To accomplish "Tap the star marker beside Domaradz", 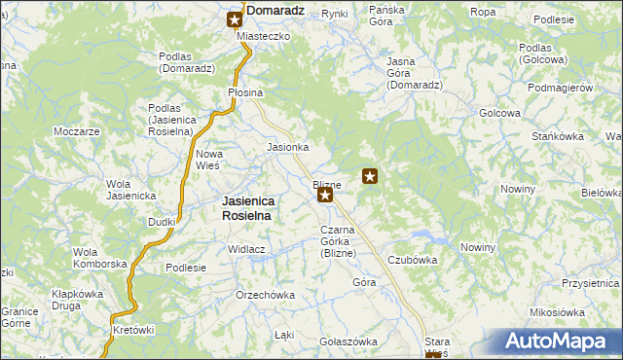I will coord(236,18).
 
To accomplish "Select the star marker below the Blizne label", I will coord(325,196).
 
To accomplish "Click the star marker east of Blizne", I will coord(370,176).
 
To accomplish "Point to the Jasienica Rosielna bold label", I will coord(241,208).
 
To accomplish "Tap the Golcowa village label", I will coord(498,113).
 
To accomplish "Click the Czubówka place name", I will coord(413,261).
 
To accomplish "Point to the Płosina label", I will coord(245,92).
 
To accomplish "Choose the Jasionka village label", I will coord(288,148).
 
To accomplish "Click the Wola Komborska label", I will coord(100,258).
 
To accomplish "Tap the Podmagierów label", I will coord(560,88).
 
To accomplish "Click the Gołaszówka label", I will coord(348,342).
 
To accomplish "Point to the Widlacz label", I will coord(247,249).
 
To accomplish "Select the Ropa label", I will coord(483,12).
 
